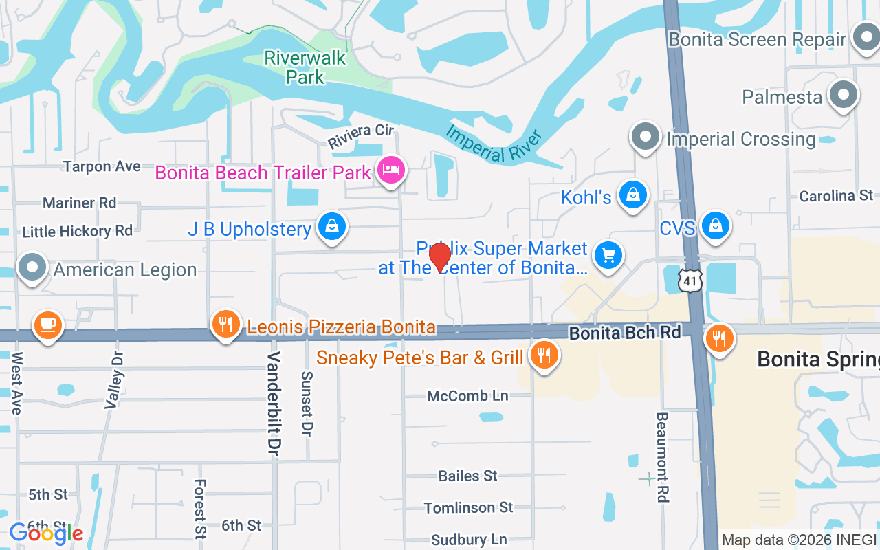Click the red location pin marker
[440, 258]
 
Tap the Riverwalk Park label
[305, 67]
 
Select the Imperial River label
[494, 143]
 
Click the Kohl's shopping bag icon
[632, 196]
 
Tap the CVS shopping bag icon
[716, 226]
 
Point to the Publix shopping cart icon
[608, 256]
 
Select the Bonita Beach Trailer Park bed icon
[391, 170]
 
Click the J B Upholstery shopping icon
[332, 227]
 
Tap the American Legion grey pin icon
[32, 268]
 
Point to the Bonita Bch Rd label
[624, 333]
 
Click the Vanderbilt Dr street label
[274, 402]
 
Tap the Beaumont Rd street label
[662, 457]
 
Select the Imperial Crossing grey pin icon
[645, 137]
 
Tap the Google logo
[47, 533]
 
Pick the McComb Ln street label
[467, 396]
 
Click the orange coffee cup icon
[47, 324]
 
